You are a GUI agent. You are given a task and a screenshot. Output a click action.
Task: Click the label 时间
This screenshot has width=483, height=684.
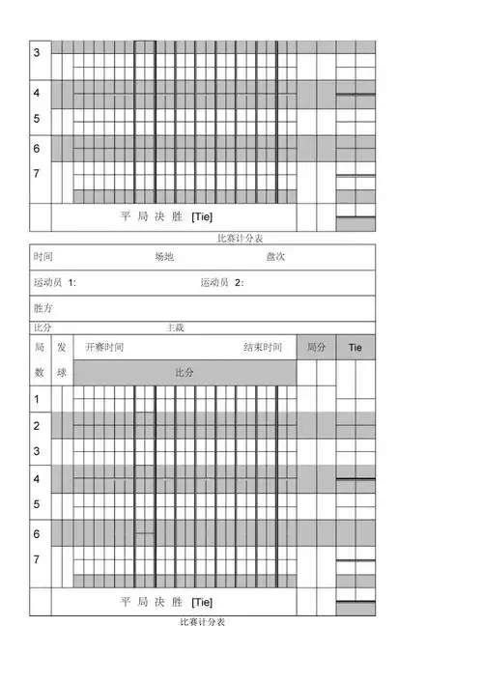(43, 257)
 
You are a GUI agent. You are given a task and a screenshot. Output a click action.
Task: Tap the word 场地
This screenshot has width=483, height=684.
(164, 257)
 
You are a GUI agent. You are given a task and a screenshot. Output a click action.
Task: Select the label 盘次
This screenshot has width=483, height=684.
(275, 257)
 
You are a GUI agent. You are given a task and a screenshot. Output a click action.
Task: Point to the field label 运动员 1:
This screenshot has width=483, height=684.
(55, 283)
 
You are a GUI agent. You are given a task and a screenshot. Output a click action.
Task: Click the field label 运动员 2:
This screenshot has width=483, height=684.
(222, 283)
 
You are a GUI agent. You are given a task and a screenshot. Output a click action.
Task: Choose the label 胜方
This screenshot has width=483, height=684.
(43, 308)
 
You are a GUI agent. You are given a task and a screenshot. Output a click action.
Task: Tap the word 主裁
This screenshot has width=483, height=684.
(175, 328)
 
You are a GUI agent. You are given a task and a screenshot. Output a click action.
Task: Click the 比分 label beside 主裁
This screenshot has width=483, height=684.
(43, 328)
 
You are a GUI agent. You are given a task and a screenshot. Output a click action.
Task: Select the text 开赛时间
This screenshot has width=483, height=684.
(104, 347)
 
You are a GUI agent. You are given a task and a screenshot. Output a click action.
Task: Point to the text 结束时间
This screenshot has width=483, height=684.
(263, 347)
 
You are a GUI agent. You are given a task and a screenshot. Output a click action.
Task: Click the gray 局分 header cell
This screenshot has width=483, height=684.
(316, 347)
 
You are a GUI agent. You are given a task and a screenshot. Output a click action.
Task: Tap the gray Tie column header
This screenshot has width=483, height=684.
(355, 347)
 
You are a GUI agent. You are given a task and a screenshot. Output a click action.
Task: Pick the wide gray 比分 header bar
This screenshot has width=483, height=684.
(185, 372)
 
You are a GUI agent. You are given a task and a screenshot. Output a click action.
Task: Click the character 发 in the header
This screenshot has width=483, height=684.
(62, 347)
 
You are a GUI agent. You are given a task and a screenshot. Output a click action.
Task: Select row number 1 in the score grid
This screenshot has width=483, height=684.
(37, 399)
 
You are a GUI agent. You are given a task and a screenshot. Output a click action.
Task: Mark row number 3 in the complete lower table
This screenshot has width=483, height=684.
(37, 451)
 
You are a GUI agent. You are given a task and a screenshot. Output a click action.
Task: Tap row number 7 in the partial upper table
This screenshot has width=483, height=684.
(37, 173)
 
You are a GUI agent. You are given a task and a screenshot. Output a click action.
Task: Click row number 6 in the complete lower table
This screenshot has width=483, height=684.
(37, 533)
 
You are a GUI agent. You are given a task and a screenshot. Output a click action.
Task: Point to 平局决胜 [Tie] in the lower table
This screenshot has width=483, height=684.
(166, 602)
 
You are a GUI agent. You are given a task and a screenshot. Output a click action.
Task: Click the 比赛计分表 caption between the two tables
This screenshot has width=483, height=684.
(241, 238)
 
